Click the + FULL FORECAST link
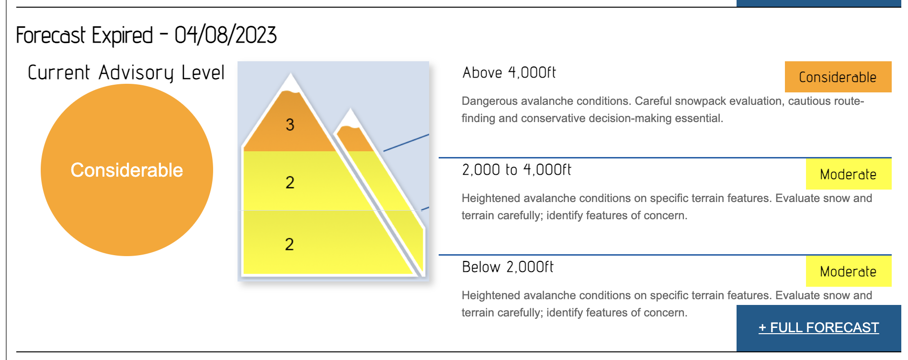818,327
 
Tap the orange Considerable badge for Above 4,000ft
838,77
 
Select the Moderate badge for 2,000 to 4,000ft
849,174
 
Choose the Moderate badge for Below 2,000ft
849,271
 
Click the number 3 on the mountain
290,124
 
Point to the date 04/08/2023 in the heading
226,35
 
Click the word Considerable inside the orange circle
127,170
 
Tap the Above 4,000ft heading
509,72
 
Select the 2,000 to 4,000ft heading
517,169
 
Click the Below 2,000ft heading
508,267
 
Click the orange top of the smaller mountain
354,138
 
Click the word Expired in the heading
123,35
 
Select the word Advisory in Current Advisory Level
136,73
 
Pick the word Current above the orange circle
58,72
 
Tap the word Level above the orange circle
203,72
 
